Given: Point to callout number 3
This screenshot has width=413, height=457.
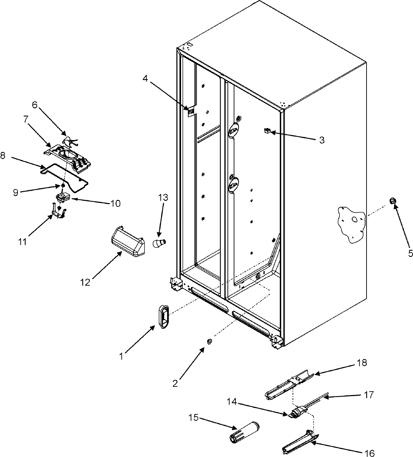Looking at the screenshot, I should point(321,140).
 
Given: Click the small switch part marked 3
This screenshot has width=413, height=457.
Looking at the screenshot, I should point(267,130).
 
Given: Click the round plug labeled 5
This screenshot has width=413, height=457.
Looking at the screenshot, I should point(392,201).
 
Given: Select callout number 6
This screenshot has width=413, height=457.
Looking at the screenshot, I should point(35,105).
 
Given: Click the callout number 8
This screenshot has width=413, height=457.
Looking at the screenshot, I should point(3,156).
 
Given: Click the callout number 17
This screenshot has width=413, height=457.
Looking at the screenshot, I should point(369,395).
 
